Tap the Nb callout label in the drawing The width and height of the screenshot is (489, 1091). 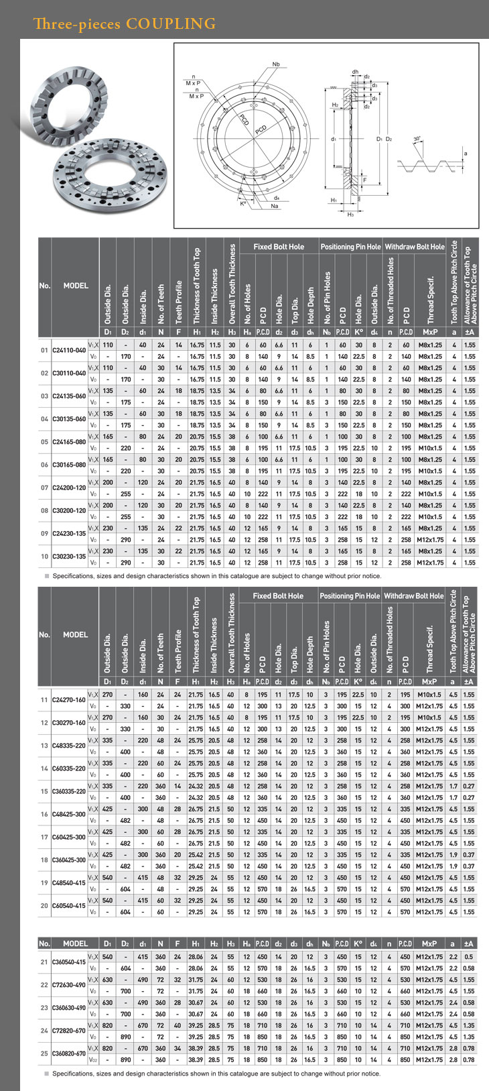[276, 64]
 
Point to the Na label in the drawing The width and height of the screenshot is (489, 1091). [275, 206]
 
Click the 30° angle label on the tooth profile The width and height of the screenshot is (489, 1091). [418, 139]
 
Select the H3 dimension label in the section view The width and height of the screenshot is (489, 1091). [350, 214]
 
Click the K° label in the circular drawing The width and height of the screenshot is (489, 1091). [242, 204]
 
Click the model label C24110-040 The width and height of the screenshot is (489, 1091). [70, 351]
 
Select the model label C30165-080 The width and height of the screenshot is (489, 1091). [70, 465]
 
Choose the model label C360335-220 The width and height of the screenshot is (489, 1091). [69, 791]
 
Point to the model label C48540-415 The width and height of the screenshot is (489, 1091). [69, 883]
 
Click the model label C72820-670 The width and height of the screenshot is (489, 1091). [69, 1029]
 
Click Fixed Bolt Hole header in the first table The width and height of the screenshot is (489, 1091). [279, 247]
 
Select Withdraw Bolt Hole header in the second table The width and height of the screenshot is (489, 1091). [414, 595]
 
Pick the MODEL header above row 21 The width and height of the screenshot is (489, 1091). [75, 943]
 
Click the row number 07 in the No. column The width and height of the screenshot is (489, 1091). [44, 487]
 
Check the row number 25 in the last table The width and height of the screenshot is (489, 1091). [44, 1053]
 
